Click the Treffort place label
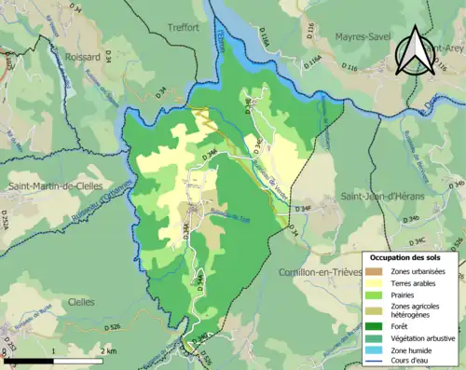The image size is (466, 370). coord(183,28)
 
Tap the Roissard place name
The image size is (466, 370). coord(83,57)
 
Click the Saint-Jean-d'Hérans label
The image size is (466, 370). coord(381,196)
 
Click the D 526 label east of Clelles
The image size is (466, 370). coord(109,328)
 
